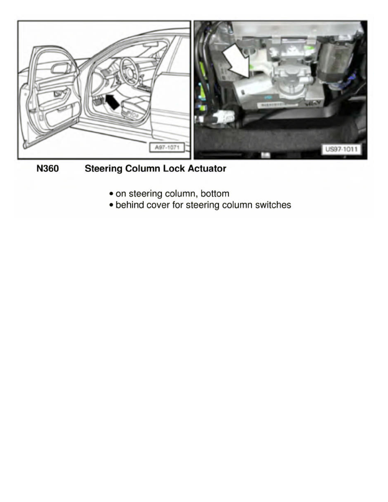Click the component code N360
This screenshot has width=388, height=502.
pyautogui.click(x=47, y=169)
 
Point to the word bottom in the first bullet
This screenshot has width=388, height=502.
pyautogui.click(x=215, y=194)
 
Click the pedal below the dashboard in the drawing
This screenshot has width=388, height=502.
pyautogui.click(x=98, y=103)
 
